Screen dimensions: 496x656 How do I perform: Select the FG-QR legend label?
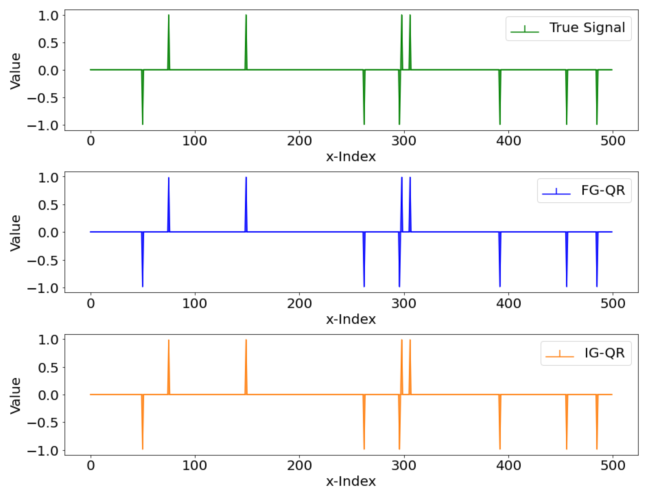coord(603,190)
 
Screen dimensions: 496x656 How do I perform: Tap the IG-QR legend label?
coord(605,353)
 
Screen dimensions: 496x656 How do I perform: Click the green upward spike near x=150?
coord(246,42)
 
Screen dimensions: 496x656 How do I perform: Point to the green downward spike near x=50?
coord(143,98)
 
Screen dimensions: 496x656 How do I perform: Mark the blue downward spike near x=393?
coord(500,260)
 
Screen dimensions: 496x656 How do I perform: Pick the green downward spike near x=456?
coord(566,98)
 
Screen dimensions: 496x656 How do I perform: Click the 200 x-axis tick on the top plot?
coord(299,141)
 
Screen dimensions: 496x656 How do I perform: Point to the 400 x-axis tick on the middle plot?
coord(509,303)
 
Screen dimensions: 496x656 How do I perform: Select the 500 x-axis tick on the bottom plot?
coord(613,465)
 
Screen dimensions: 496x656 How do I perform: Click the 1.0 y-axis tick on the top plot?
coord(48,15)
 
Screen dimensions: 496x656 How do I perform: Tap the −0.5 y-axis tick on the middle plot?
coord(43,260)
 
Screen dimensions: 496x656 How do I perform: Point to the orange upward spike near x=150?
coord(246,367)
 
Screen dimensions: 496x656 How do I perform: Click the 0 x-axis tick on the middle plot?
coord(91,303)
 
